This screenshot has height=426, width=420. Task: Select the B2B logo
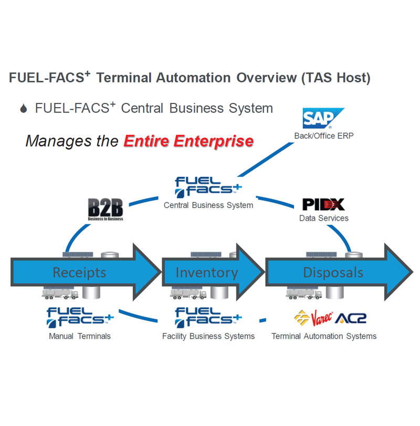[x=106, y=209]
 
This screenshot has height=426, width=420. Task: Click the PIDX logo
[x=323, y=204]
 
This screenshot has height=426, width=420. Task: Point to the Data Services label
[x=323, y=217]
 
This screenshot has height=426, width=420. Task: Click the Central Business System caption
[x=208, y=205]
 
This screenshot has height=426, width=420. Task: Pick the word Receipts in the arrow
[x=79, y=272]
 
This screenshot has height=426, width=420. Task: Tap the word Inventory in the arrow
[x=206, y=273]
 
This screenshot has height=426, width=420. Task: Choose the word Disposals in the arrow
[x=333, y=272]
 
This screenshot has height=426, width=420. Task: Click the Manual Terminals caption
[x=80, y=336]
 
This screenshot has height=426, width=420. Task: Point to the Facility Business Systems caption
[x=208, y=336]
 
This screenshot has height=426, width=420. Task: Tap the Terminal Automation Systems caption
[x=324, y=336]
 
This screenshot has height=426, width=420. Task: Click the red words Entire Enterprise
[x=188, y=141]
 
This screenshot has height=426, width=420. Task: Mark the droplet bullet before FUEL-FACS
[x=23, y=109]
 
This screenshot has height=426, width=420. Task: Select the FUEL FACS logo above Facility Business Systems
[x=208, y=317]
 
